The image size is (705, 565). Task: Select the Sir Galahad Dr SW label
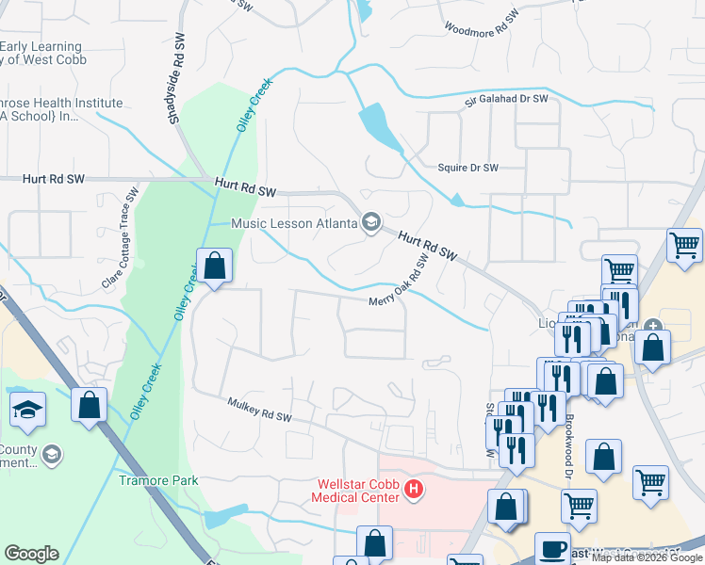coord(504,99)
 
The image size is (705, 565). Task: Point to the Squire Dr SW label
coord(467,168)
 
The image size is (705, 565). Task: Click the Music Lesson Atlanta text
coord(295,223)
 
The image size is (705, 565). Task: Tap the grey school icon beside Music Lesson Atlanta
coord(370,222)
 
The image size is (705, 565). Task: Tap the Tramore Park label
coord(158,479)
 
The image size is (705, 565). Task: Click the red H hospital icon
coord(413,490)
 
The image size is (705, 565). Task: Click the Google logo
coord(31,554)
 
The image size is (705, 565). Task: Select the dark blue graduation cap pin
coord(27,410)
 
